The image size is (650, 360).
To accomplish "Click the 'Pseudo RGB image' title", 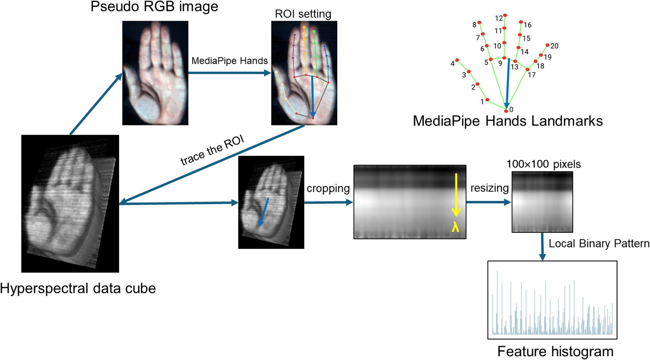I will [154, 7].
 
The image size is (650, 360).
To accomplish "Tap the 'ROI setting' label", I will [303, 14].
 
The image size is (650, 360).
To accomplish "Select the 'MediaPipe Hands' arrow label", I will [229, 61].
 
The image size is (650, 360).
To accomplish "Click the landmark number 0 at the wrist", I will [511, 109].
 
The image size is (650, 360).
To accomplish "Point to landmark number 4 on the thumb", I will [452, 63].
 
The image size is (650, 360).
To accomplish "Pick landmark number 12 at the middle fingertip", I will [499, 18].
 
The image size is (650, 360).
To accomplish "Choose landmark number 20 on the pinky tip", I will [554, 46].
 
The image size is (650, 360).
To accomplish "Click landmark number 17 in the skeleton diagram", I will [531, 75].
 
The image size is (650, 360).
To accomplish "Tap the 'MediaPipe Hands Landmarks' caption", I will [508, 121].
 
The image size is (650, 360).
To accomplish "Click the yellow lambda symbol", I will [455, 227].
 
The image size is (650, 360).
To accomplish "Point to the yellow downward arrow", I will [456, 194].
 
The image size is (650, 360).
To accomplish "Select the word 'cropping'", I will [328, 188].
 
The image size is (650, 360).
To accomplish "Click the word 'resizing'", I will [489, 188].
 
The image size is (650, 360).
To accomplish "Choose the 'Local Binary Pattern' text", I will [599, 243].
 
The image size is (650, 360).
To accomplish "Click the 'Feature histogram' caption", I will [555, 351].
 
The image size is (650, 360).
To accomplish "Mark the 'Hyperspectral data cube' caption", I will [78, 288].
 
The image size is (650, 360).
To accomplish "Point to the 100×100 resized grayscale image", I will [542, 202].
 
